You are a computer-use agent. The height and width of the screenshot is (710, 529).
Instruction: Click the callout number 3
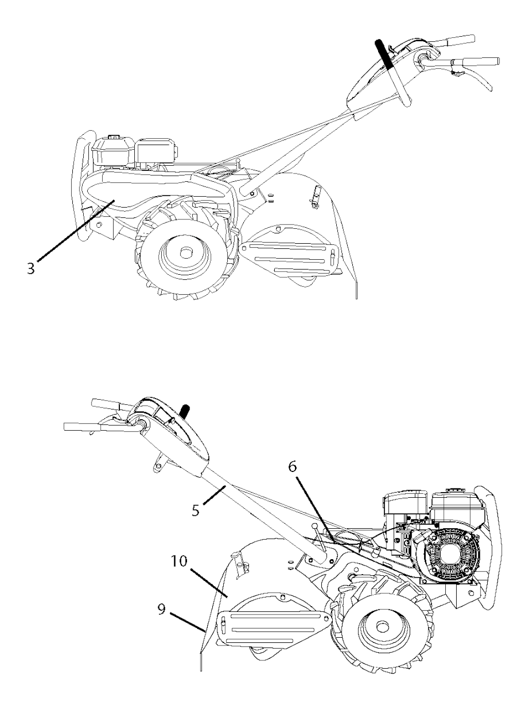pos(31,268)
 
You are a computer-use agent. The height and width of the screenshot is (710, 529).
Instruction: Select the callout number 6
pos(292,467)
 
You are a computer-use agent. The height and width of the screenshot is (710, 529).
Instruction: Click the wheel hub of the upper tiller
pos(184,253)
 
